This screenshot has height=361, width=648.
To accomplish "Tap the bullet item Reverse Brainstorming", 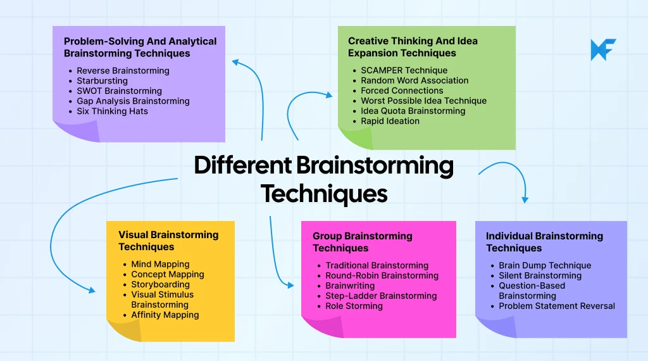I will (123, 71).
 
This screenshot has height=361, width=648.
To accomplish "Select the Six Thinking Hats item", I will (112, 111).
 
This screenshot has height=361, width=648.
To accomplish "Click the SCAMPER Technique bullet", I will (404, 70).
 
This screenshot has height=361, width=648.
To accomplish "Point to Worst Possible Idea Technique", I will (423, 101).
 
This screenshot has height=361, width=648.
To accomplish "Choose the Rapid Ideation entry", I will (390, 121).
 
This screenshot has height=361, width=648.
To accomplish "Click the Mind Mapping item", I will (160, 264).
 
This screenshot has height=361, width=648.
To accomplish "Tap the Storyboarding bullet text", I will (160, 284).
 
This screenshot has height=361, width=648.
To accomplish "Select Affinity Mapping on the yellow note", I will (165, 315).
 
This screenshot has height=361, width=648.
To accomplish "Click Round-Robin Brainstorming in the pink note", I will (382, 275).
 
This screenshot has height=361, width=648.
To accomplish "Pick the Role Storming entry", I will (354, 306).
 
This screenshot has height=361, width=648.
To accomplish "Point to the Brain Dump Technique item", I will (545, 265).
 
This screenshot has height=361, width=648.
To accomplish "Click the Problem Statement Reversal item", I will (556, 306).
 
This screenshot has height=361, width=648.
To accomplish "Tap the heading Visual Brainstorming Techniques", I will (168, 241).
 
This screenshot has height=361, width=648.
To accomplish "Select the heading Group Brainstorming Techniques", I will (362, 242).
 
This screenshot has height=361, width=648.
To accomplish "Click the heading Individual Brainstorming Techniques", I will (544, 242).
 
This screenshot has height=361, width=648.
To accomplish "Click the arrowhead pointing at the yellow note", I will (92, 290).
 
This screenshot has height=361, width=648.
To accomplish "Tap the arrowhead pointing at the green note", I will (328, 96).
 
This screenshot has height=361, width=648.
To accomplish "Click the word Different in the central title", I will (242, 165).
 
